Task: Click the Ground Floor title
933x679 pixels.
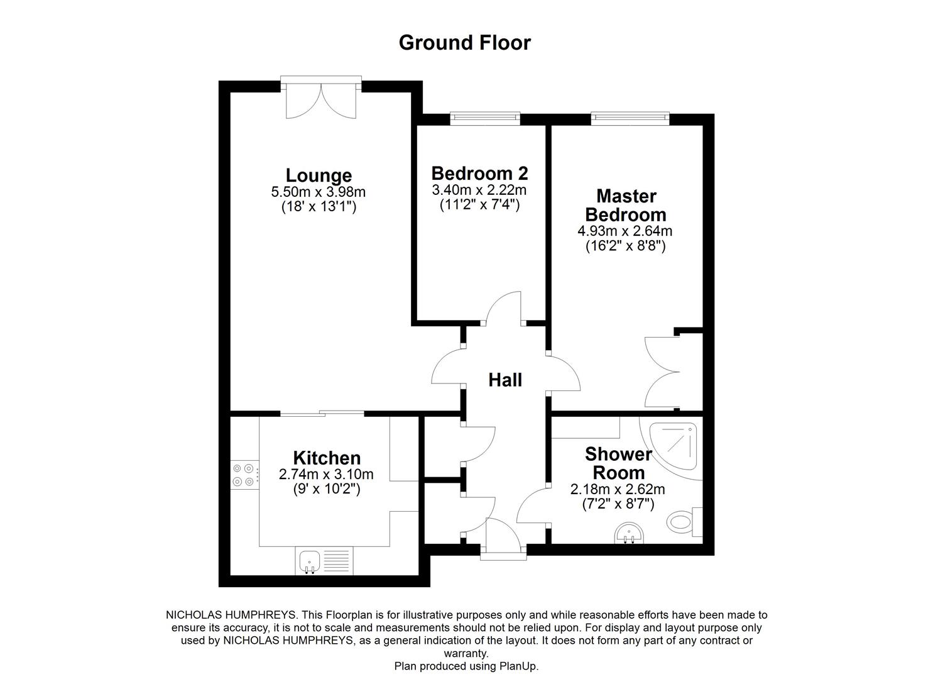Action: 464,43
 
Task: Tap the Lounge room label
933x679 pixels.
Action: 319,175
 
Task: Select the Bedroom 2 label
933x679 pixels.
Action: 479,173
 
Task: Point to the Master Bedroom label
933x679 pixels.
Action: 625,205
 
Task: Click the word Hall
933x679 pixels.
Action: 505,380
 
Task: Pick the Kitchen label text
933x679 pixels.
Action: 327,458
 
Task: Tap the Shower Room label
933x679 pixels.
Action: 618,463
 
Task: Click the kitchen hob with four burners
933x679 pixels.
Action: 244,475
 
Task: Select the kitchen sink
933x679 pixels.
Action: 309,561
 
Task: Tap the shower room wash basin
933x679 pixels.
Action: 629,534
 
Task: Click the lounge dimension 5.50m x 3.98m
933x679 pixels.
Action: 318,192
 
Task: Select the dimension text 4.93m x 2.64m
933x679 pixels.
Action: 625,231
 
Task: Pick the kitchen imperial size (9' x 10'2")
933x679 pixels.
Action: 326,489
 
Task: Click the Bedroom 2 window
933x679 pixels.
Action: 486,117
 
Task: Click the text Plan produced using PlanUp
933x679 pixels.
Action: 466,666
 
